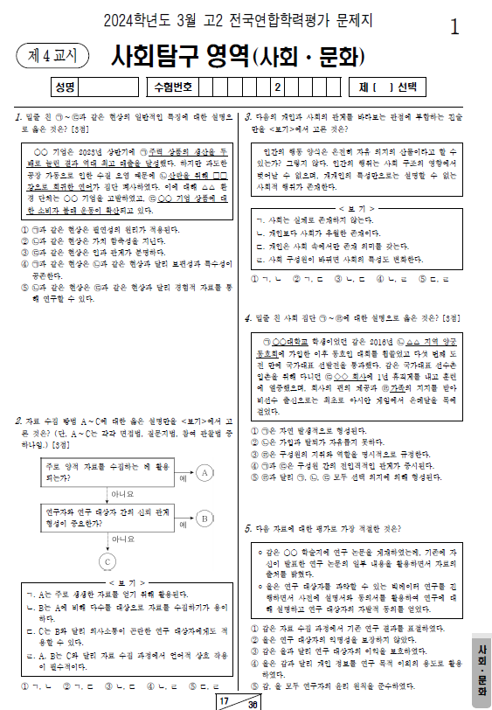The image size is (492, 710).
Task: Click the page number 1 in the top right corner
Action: (454, 27)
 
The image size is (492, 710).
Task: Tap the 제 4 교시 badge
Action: (52, 57)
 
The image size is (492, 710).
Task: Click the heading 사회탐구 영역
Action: (180, 57)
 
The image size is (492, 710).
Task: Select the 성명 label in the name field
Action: (65, 87)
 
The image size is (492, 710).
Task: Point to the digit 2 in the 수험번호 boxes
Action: (277, 87)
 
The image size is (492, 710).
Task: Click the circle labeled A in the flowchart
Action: (204, 473)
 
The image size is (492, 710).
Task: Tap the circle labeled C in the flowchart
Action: (107, 560)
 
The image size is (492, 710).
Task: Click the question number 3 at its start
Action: (248, 117)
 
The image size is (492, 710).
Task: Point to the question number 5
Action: (248, 528)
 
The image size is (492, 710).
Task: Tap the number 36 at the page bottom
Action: (253, 704)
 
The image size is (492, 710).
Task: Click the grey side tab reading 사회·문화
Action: (481, 670)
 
